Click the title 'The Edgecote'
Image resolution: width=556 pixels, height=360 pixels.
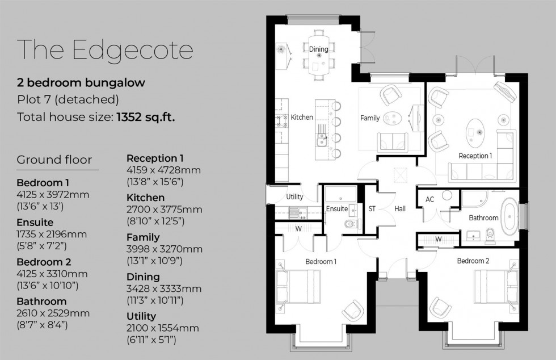106,50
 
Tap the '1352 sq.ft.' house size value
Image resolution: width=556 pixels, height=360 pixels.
145,118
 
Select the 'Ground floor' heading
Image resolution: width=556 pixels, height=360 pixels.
54,160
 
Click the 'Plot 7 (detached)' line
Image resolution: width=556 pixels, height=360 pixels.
68,100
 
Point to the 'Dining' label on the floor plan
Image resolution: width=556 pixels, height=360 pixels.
318,49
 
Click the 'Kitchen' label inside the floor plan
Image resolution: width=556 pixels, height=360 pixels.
302,118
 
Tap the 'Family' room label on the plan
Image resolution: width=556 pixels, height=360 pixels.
370,118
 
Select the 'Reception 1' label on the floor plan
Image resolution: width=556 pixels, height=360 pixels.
475,156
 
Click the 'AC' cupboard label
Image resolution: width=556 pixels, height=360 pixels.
429,200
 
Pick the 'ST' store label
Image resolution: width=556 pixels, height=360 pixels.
372,209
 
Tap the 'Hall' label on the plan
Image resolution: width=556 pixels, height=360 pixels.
400,209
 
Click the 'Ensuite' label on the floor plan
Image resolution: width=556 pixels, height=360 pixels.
337,209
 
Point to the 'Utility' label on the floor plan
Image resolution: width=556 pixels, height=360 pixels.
294,197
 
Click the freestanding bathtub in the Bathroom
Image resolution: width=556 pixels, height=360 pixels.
511,217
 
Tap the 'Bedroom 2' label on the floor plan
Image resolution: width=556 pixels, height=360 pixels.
473,261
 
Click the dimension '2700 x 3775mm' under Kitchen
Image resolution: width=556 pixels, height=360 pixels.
164,210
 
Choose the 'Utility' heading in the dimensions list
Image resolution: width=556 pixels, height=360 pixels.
142,316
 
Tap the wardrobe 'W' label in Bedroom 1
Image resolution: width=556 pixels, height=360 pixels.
298,229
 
